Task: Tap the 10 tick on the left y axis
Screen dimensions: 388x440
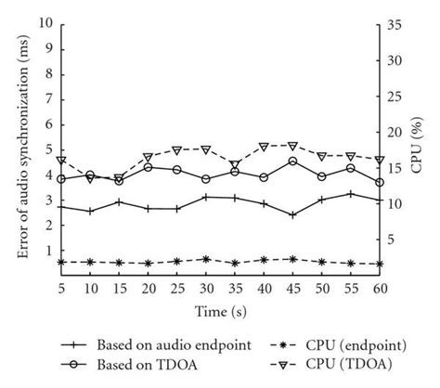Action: [45, 25]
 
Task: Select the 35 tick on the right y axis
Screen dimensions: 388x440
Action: [394, 25]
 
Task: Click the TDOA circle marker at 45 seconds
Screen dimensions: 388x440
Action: [292, 162]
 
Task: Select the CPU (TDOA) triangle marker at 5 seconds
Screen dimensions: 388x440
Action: [62, 161]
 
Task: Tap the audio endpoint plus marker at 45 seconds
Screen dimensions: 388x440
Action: [292, 214]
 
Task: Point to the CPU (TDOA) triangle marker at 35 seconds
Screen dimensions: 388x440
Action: [235, 164]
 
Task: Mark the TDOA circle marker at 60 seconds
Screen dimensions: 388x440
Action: [379, 182]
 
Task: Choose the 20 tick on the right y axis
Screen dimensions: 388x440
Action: [394, 132]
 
